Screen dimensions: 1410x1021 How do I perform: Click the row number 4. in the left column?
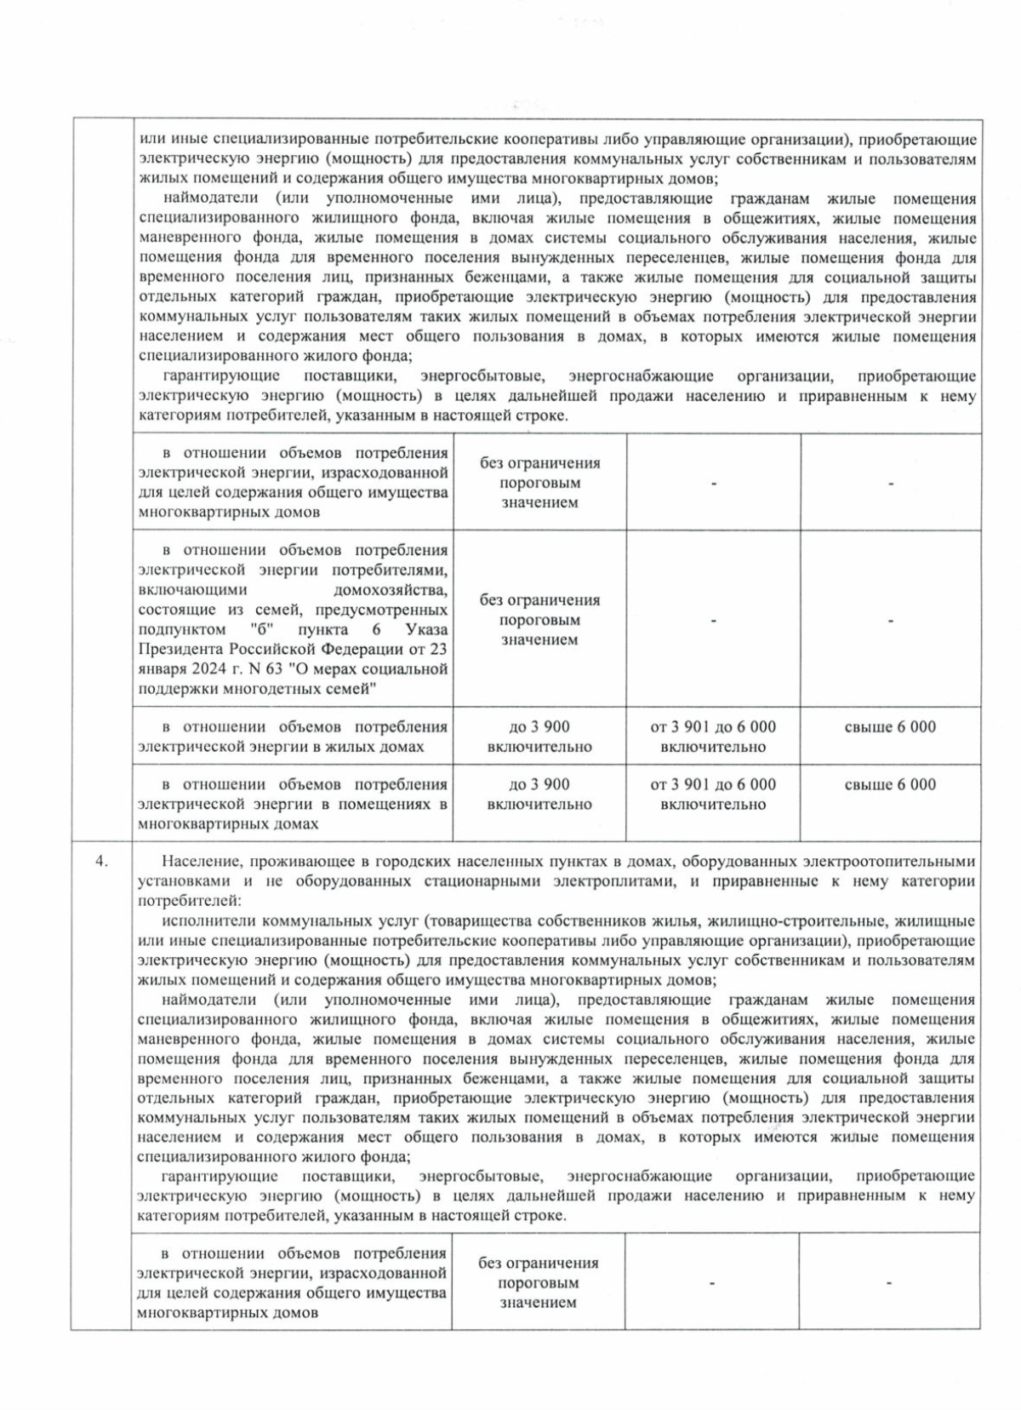pos(101,861)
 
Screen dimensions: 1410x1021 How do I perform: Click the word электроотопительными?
pos(905,861)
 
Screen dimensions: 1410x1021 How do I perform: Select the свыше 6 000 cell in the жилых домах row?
pos(890,726)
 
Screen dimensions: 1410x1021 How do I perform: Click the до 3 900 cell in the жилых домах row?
pos(539,737)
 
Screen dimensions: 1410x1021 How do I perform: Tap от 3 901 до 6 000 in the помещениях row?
pos(713,794)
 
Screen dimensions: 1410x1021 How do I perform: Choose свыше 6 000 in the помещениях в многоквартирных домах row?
pos(890,784)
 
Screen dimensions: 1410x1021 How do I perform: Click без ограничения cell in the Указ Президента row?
pos(539,620)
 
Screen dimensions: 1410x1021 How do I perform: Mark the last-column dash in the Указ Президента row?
pos(890,621)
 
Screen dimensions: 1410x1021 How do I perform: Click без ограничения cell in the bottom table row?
pos(538,1282)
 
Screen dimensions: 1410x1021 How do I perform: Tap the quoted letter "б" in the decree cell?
pos(253,630)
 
